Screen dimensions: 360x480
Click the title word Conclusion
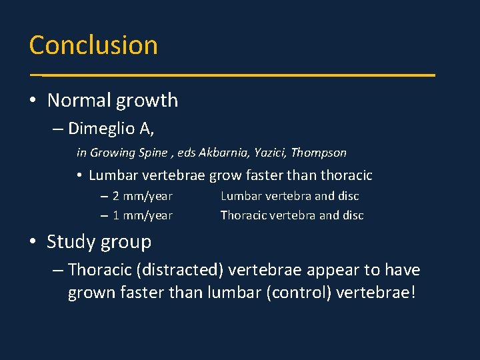tap(93, 45)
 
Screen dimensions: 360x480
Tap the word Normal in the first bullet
tap(80, 101)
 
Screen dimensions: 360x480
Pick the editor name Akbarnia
tap(222, 153)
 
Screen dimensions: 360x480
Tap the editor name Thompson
tap(319, 153)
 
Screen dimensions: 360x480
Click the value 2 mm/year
tap(142, 196)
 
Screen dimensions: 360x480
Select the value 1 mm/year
tap(142, 215)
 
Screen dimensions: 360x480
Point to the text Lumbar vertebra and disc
tap(289, 196)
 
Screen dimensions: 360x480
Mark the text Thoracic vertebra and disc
tap(292, 215)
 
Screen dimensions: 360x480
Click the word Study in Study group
tap(71, 242)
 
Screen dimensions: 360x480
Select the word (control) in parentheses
tap(297, 293)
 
